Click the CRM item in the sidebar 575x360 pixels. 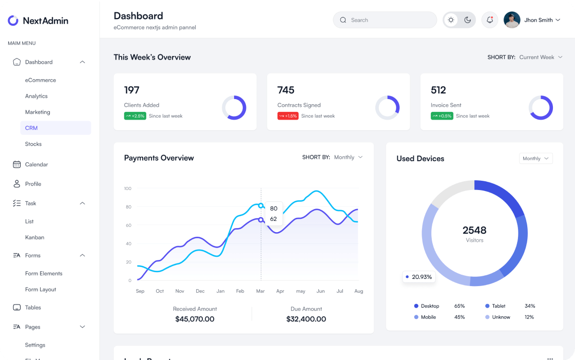pos(31,128)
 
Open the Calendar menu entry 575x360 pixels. pos(36,164)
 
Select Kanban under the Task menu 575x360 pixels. pos(34,237)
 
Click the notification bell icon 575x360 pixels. pos(490,20)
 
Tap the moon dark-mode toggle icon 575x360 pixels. pos(468,20)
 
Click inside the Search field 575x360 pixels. pos(385,20)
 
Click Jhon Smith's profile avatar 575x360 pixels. pos(512,20)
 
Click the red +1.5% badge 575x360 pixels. pos(288,116)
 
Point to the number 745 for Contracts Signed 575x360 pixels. pos(286,90)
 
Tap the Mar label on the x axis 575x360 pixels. pos(260,291)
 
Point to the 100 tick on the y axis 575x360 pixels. pos(127,188)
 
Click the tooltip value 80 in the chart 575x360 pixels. pos(274,209)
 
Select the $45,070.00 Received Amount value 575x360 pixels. pos(195,319)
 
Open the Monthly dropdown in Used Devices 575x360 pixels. pos(535,159)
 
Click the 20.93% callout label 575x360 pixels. pos(419,277)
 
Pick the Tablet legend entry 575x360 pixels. pos(499,306)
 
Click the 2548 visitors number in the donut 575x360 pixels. pos(474,230)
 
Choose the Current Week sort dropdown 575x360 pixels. pos(541,57)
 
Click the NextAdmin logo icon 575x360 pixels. pos(13,21)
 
